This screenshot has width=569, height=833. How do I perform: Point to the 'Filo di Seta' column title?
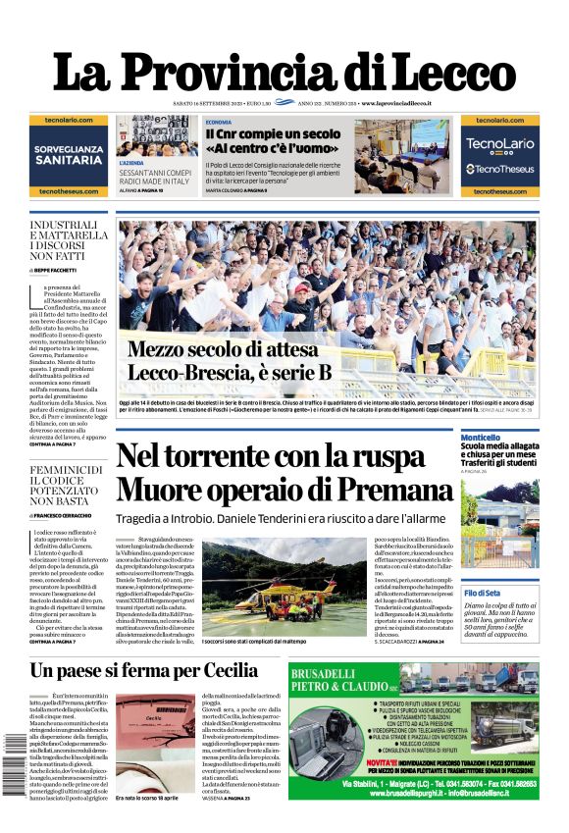coord(482,594)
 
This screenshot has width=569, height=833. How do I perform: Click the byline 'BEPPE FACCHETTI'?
coord(61,269)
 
